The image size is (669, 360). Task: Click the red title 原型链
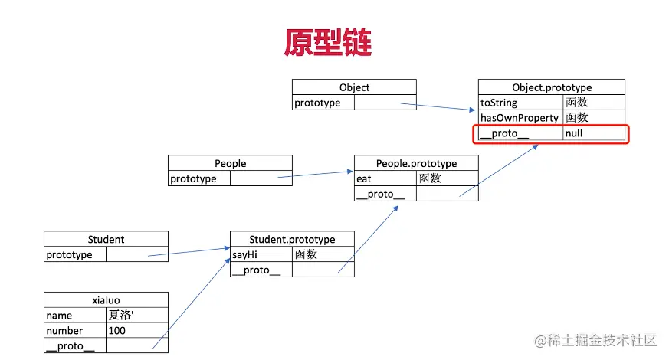coord(327,42)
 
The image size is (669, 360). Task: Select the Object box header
coord(354,87)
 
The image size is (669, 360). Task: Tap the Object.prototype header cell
coord(551,87)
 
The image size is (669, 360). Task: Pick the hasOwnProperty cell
coord(519,118)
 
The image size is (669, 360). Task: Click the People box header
coord(230,163)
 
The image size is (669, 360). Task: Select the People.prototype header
coord(416,163)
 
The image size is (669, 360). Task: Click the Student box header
coord(106,239)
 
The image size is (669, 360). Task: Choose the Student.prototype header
coord(292,239)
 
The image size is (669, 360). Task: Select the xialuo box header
coord(106,300)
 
